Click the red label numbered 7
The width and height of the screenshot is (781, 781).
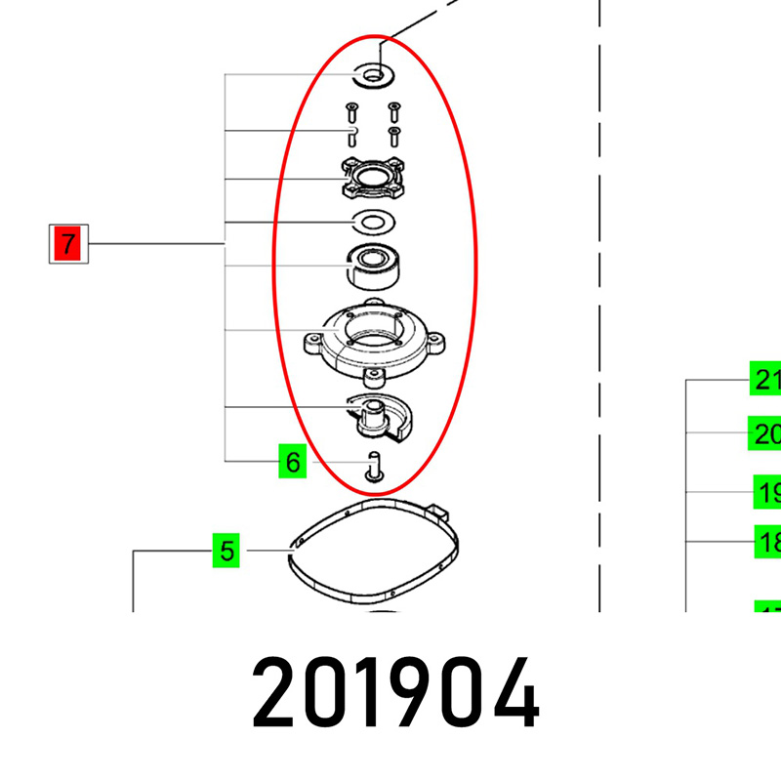tap(67, 244)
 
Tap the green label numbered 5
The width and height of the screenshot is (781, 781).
tap(226, 551)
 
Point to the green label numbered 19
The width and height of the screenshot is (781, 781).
tap(768, 492)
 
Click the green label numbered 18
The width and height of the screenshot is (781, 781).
tap(768, 541)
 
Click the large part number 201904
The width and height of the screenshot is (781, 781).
tap(395, 694)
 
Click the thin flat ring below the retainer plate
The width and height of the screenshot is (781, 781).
tap(372, 223)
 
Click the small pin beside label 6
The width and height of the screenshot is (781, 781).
tap(374, 465)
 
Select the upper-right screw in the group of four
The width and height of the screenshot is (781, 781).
tap(394, 108)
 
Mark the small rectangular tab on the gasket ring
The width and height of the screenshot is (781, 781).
tap(436, 509)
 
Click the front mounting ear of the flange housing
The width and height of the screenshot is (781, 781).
tap(374, 377)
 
